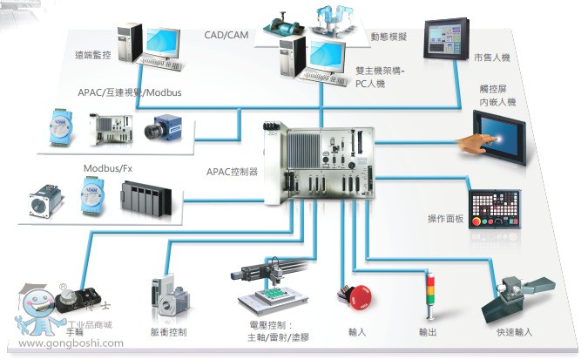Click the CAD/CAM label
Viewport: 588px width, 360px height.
click(x=225, y=35)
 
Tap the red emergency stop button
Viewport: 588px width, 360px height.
click(x=359, y=296)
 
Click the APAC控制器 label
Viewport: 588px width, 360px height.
click(x=233, y=172)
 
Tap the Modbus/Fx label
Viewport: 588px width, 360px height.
click(x=107, y=167)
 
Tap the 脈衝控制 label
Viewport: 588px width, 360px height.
click(x=169, y=332)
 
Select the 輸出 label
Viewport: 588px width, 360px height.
click(x=427, y=332)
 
